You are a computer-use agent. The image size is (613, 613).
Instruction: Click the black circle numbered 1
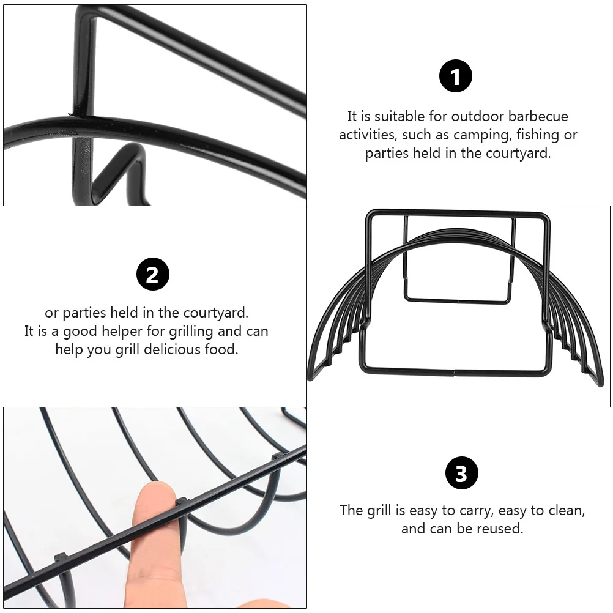click(456, 77)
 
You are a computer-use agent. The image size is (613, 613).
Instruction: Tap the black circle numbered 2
click(152, 274)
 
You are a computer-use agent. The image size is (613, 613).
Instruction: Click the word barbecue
click(538, 116)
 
